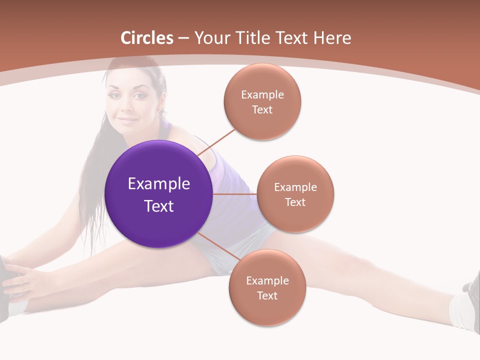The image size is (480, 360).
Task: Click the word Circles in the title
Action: tap(147, 38)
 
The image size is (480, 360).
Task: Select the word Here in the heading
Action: tap(332, 38)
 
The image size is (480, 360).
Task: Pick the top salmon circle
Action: tap(262, 101)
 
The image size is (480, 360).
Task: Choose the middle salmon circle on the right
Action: tap(295, 194)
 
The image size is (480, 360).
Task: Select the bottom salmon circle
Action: tap(267, 287)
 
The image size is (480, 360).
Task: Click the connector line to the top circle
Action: tap(217, 141)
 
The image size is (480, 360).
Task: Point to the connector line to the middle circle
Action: tap(235, 194)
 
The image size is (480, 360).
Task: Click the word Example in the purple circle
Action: tap(159, 184)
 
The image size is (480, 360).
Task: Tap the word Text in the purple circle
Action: tap(159, 206)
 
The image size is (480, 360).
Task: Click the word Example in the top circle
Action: tap(262, 94)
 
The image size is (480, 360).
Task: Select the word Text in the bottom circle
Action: tap(267, 295)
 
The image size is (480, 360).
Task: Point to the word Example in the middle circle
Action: tap(295, 187)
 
